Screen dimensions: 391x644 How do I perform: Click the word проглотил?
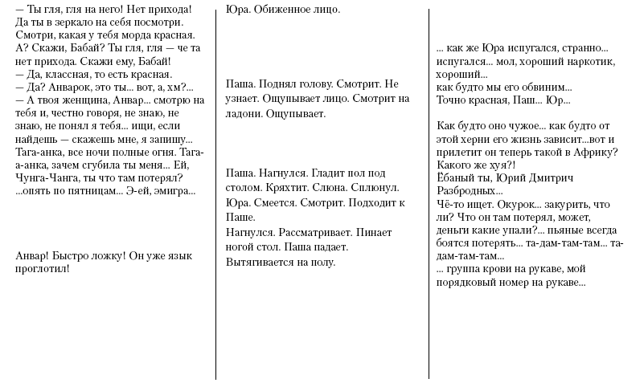(42, 268)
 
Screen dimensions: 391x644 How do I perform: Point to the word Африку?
(590, 153)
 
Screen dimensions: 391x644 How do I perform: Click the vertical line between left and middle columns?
(216, 193)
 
